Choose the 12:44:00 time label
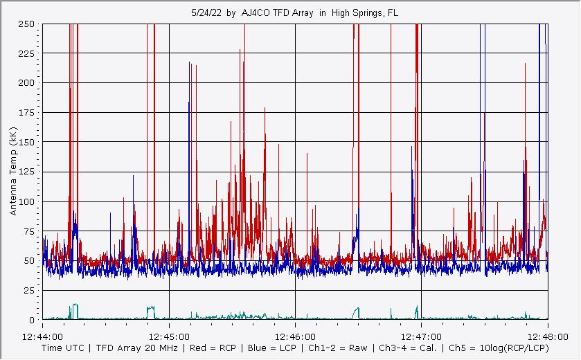coord(43,334)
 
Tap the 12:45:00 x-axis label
coord(169,334)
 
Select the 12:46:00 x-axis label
coord(295,334)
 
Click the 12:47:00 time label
coord(421,334)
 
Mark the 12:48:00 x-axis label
coord(547,334)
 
